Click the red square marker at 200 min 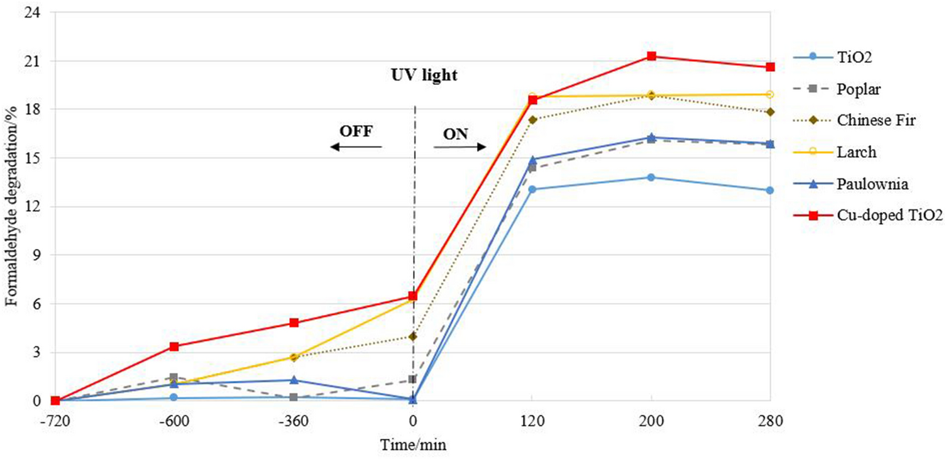pos(652,57)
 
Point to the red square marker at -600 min pos(174,346)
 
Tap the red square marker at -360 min pos(294,323)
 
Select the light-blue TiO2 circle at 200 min pos(652,177)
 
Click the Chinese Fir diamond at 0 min pos(412,336)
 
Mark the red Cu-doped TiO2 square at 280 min pos(770,67)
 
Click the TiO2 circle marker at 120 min pos(532,189)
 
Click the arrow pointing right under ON pos(459,147)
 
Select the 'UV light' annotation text pos(421,76)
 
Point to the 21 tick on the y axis pos(41,61)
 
